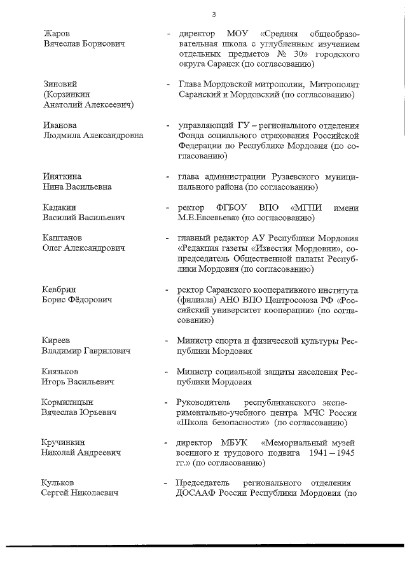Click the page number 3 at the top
214,14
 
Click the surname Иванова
60,125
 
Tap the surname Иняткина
63,176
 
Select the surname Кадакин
59,207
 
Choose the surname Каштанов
62,237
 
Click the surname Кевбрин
60,289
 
